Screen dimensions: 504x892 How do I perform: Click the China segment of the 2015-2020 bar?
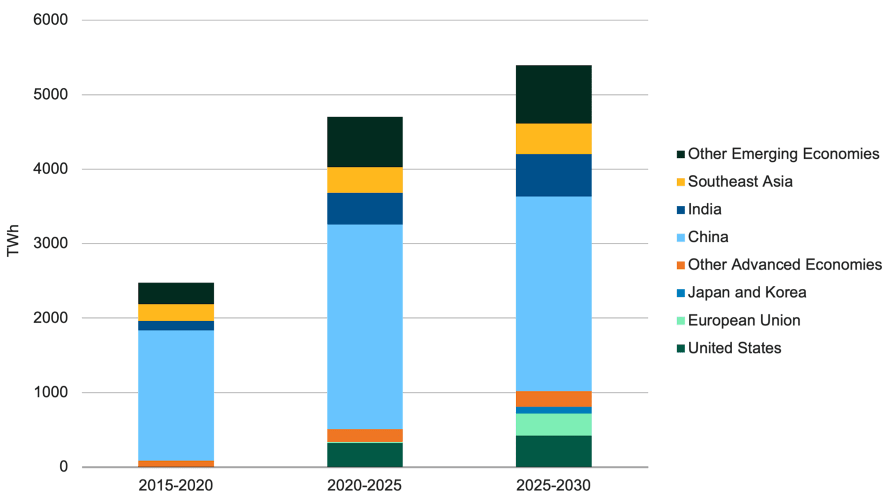coord(176,395)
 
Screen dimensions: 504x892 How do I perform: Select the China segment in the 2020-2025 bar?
coord(365,326)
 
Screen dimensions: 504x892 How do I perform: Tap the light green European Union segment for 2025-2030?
coord(554,424)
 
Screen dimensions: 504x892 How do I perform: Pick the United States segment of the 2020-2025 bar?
coord(365,454)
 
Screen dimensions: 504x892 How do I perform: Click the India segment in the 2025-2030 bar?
coord(554,175)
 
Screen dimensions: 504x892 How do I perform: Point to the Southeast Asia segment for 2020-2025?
coord(365,180)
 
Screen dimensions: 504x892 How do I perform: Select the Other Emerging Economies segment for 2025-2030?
coord(554,94)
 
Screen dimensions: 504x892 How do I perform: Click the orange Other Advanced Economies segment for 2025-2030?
coord(554,399)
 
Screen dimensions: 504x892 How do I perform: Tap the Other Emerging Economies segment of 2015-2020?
coord(176,293)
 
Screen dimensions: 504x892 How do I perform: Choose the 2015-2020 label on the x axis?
coord(176,485)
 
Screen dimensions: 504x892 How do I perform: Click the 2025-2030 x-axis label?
coord(554,485)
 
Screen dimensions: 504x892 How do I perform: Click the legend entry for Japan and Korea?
coord(747,293)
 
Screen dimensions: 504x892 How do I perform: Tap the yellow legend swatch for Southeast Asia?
coord(681,182)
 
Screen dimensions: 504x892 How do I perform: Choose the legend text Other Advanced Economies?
coord(785,265)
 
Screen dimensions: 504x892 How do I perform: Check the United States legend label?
coord(735,348)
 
